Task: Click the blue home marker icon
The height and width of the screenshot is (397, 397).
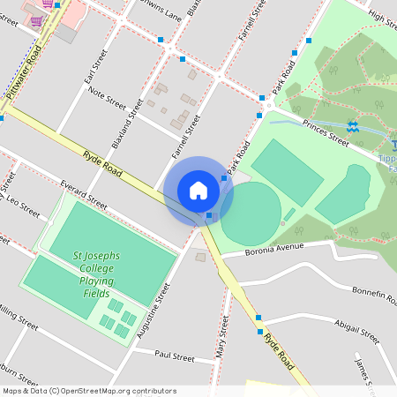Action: [x=198, y=190]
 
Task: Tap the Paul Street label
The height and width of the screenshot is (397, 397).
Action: [x=174, y=356]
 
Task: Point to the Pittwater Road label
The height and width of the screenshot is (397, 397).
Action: [x=24, y=73]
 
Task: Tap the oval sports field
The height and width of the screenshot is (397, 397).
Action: [x=251, y=213]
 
